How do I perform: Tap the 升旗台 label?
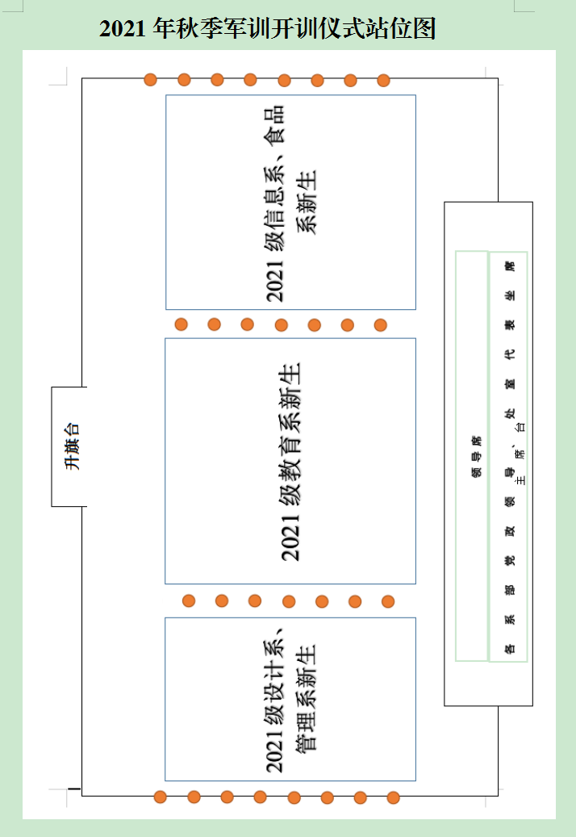(x=73, y=448)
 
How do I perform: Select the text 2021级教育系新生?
(x=290, y=461)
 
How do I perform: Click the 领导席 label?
(x=476, y=456)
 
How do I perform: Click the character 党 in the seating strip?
(x=509, y=560)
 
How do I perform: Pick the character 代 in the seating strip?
(x=509, y=354)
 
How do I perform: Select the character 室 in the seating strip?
(x=509, y=383)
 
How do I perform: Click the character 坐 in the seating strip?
(x=509, y=295)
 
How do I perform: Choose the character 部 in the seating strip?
(x=509, y=589)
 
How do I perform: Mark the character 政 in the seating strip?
(x=509, y=531)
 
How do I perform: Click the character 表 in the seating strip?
(x=509, y=324)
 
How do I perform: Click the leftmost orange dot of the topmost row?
(x=150, y=79)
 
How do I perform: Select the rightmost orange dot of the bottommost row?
(x=393, y=797)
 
